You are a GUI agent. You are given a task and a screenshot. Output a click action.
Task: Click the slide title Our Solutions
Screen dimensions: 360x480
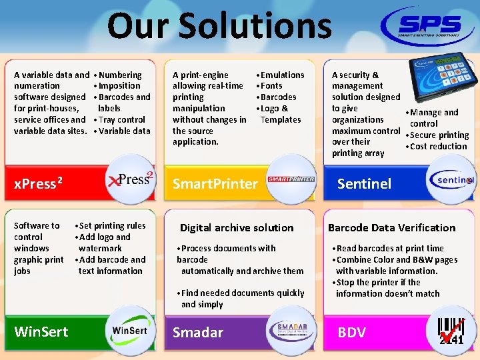click(219, 26)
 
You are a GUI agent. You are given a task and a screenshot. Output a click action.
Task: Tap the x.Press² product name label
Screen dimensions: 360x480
click(39, 183)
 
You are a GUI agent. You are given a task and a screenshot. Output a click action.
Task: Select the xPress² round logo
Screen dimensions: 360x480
click(131, 179)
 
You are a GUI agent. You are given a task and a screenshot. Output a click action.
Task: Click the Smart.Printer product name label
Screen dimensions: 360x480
click(215, 183)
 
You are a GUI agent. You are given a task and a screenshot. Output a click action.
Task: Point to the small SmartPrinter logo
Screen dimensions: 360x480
click(291, 179)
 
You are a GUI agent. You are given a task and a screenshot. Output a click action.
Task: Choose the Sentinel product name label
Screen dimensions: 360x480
click(364, 183)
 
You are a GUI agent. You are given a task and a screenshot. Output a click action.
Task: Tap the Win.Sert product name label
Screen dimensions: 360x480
click(41, 331)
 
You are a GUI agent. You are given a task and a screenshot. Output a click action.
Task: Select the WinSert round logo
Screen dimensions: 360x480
click(131, 329)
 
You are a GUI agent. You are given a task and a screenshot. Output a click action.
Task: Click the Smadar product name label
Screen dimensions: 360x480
click(198, 332)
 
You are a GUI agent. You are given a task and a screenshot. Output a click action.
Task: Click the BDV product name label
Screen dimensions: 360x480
click(351, 332)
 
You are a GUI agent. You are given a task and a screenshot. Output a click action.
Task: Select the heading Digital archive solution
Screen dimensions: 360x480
click(237, 227)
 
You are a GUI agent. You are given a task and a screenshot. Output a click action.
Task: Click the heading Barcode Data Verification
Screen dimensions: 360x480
click(391, 227)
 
